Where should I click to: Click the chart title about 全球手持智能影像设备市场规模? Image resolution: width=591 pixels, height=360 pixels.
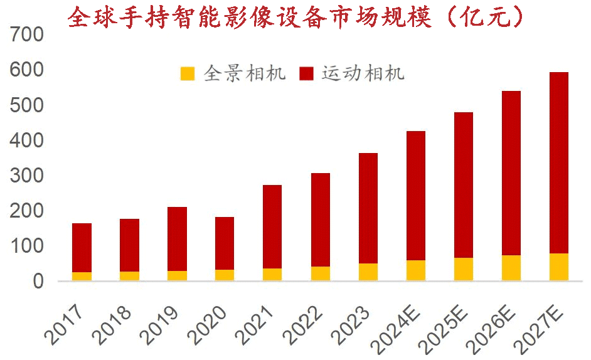(x=295, y=17)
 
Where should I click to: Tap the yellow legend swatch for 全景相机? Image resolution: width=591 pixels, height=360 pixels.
(x=188, y=74)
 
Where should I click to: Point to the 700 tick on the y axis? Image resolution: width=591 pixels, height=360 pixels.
(x=27, y=34)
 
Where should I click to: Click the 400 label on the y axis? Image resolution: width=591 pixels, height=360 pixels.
(x=27, y=140)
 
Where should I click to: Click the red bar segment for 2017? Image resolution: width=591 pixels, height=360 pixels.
(x=82, y=247)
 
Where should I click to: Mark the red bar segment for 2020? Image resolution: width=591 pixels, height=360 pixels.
(x=225, y=243)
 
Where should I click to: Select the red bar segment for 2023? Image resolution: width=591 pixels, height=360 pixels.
(x=368, y=208)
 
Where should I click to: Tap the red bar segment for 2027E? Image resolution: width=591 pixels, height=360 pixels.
(x=558, y=162)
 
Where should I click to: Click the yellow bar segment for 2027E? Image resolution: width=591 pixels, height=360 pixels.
(x=558, y=267)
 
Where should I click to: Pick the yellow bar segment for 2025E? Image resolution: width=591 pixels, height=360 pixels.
(x=463, y=269)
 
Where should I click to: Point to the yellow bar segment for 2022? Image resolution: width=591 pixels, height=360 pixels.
(x=320, y=273)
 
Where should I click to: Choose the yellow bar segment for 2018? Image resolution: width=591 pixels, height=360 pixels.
(x=129, y=276)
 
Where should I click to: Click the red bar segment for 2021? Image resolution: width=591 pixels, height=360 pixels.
(x=272, y=226)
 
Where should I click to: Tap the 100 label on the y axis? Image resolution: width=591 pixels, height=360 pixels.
(x=27, y=246)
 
